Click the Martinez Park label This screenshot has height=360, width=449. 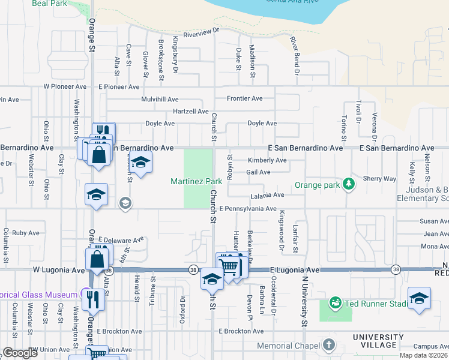pyautogui.click(x=196, y=181)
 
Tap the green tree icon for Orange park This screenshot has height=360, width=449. pyautogui.click(x=348, y=184)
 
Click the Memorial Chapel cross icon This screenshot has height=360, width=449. pyautogui.click(x=328, y=345)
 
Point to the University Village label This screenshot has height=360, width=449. pyautogui.click(x=378, y=341)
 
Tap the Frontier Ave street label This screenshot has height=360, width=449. pyautogui.click(x=244, y=98)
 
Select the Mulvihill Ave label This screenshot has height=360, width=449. pyautogui.click(x=160, y=99)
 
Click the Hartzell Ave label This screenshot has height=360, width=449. pyautogui.click(x=190, y=112)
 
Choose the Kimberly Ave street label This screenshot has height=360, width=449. pyautogui.click(x=267, y=160)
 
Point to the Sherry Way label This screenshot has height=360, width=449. pyautogui.click(x=379, y=179)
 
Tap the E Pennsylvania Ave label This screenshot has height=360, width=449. pyautogui.click(x=247, y=209)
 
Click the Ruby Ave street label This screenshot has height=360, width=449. pyautogui.click(x=26, y=233)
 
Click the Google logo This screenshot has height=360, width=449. pyautogui.click(x=20, y=353)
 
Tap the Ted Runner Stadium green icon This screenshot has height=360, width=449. pyautogui.click(x=335, y=302)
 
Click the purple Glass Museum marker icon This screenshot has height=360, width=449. pyautogui.click(x=87, y=294)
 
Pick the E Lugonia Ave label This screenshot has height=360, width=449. pyautogui.click(x=295, y=271)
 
